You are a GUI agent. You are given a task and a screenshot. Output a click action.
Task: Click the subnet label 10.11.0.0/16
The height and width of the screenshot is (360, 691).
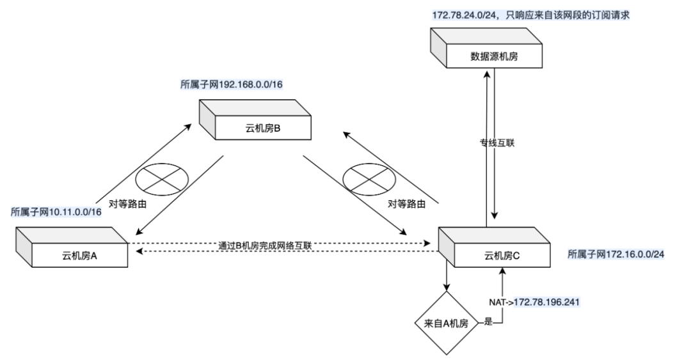(x=56, y=212)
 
